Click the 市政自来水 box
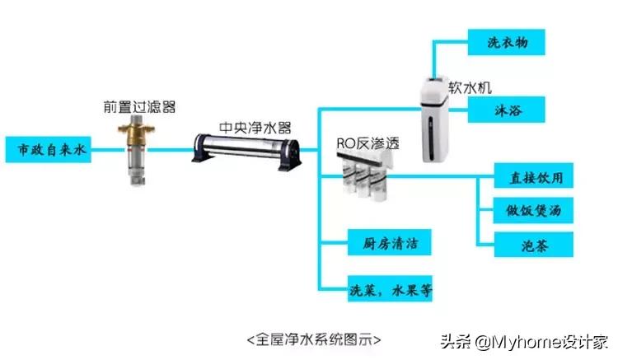pyautogui.click(x=48, y=150)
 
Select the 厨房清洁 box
pyautogui.click(x=387, y=244)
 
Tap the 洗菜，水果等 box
pyautogui.click(x=387, y=290)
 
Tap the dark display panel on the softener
pyautogui.click(x=433, y=85)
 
